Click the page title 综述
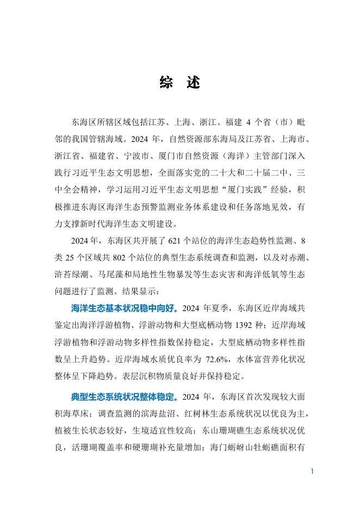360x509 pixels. [180, 83]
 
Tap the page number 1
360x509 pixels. [312, 471]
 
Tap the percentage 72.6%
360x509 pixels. [219, 359]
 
